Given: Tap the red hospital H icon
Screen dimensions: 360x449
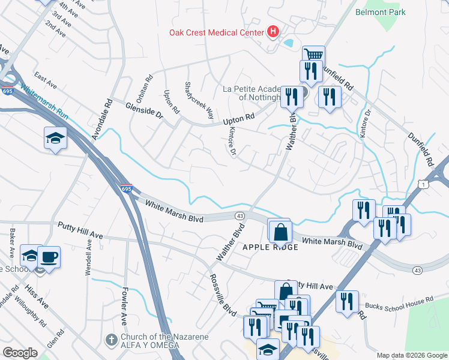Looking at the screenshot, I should [273, 31].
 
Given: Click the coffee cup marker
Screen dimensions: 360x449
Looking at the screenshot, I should [49, 257].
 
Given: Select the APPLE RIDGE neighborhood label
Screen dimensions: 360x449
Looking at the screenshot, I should [270, 247].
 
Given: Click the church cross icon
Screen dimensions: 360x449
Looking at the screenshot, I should [111, 340].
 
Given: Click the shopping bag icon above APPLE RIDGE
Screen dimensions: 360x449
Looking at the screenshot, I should [280, 231].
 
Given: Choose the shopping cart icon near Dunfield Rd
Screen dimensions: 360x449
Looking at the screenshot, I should [313, 55].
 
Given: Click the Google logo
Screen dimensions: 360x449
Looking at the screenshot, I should [20, 353].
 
